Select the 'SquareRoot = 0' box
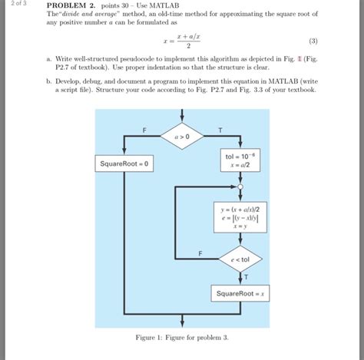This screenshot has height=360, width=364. click(124, 163)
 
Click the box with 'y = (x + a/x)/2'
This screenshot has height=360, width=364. click(240, 215)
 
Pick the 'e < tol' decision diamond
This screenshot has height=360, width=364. click(240, 260)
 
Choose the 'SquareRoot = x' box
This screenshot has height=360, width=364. click(240, 293)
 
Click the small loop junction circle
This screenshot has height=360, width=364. click(240, 186)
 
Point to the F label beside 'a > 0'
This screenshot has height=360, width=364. click(144, 129)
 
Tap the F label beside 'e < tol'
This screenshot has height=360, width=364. click(200, 253)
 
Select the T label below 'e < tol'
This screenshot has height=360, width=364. click(246, 276)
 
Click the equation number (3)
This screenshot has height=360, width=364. click(313, 41)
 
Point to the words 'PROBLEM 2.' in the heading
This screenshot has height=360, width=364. click(73, 5)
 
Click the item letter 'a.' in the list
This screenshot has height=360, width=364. click(49, 58)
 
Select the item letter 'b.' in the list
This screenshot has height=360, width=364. click(49, 80)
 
